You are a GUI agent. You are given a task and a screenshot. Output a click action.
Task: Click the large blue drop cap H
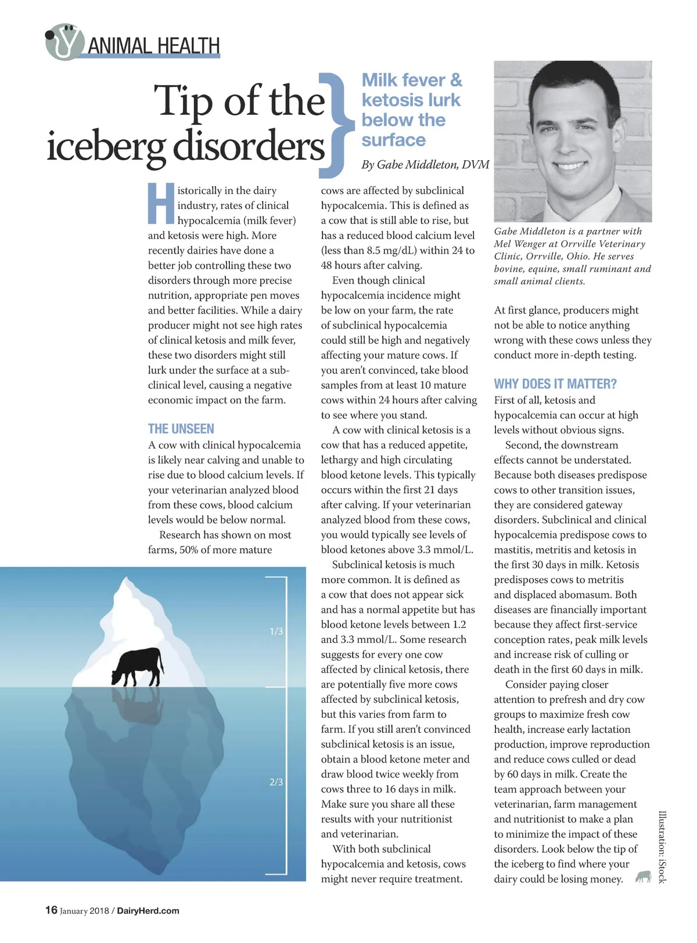161,204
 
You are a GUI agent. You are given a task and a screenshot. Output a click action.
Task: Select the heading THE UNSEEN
181,429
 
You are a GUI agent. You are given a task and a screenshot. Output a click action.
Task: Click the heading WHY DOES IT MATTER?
555,384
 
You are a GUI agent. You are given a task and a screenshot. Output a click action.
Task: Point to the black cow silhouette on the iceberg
138,666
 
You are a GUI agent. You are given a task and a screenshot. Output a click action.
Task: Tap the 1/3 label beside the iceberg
276,631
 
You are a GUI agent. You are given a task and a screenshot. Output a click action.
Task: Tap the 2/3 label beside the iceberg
276,782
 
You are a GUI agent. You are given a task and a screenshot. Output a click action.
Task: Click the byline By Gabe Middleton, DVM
425,165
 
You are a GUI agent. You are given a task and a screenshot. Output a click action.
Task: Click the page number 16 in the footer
51,910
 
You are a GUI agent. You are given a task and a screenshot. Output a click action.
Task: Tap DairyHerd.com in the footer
148,911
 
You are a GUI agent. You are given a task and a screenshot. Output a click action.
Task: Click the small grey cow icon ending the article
642,876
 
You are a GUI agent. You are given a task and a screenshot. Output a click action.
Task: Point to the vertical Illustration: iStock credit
662,847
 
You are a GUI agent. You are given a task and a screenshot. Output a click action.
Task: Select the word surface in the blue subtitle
393,140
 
